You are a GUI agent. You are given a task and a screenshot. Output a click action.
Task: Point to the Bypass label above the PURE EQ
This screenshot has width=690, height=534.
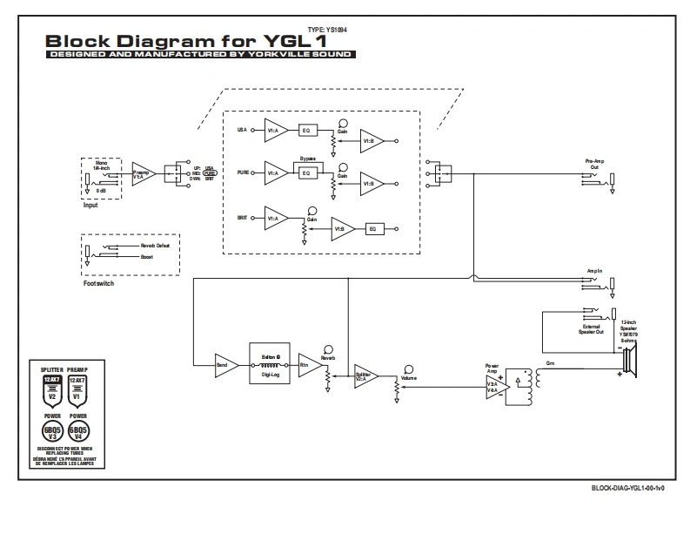(x=306, y=160)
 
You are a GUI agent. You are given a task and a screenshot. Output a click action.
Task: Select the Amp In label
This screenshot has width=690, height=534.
(x=595, y=270)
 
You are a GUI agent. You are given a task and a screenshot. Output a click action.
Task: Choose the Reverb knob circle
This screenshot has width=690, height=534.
(x=328, y=346)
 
